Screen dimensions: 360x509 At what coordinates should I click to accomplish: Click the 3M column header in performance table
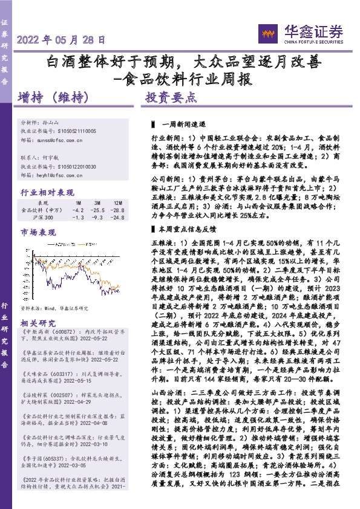click(96, 203)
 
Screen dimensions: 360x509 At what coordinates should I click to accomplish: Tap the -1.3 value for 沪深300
click(78, 217)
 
